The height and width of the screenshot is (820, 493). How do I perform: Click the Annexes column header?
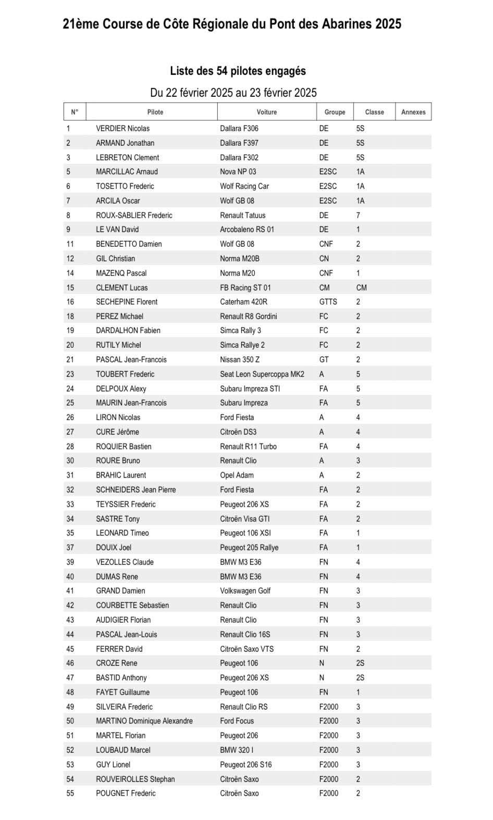pos(413,112)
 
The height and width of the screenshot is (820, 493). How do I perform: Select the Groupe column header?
pos(335,112)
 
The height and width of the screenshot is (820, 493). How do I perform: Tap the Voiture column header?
pos(266,112)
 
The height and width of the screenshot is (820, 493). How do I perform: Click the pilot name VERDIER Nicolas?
pos(122,129)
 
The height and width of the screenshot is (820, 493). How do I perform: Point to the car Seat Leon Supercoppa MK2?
pos(262,374)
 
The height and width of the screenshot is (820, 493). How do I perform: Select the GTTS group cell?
pos(328,302)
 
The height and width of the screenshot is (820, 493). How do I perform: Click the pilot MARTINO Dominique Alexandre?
pos(144,721)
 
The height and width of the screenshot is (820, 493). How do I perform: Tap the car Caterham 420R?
pos(243,302)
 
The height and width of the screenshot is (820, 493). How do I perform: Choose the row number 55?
pos(70,793)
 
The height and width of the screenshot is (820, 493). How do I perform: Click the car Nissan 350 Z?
pos(239,360)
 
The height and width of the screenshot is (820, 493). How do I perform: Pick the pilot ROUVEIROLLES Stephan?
pos(135,779)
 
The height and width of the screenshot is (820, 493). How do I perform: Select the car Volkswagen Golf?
pos(245,591)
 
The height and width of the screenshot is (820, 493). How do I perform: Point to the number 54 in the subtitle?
pos(222,71)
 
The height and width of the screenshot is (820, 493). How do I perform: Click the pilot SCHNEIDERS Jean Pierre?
pos(135,490)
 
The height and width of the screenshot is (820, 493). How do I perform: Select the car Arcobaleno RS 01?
pos(246,230)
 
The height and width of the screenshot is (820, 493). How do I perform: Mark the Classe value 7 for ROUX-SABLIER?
pos(358,216)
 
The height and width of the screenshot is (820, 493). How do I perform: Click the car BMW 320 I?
pos(237,750)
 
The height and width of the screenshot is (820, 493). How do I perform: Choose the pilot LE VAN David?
pos(117,230)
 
